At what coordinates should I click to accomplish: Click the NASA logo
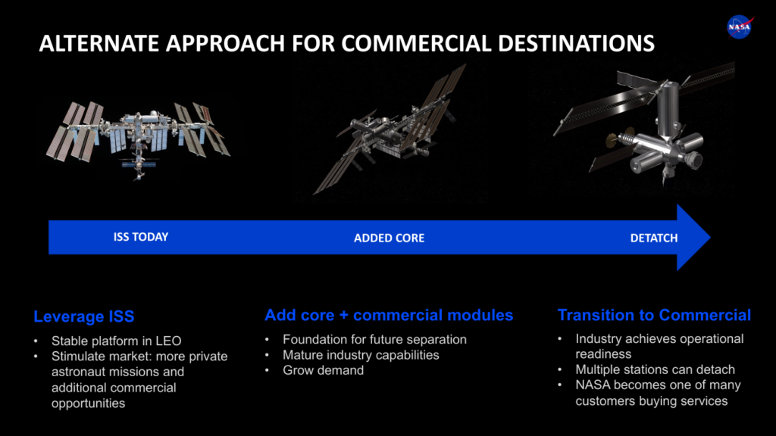click(x=740, y=27)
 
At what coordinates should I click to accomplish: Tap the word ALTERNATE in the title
click(x=99, y=43)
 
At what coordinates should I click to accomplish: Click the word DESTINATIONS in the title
click(x=576, y=43)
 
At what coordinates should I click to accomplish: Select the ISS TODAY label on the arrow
click(x=141, y=237)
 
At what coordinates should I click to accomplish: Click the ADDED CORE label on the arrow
click(x=389, y=238)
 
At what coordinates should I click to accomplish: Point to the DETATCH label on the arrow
click(x=654, y=238)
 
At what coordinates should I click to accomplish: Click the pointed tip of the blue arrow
click(x=710, y=237)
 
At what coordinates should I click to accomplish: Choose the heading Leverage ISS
click(x=84, y=316)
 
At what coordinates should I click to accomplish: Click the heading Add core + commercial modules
click(x=389, y=315)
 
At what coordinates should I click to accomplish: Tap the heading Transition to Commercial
click(x=654, y=315)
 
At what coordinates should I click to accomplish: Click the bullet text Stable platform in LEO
click(x=116, y=341)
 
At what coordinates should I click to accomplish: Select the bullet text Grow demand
click(x=323, y=370)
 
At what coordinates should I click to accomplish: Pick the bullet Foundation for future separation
click(x=374, y=340)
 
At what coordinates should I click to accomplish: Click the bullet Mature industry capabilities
click(x=361, y=355)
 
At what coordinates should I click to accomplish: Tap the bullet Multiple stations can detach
click(x=656, y=369)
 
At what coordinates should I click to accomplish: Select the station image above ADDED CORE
click(x=391, y=129)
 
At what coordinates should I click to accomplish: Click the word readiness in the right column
click(x=603, y=354)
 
